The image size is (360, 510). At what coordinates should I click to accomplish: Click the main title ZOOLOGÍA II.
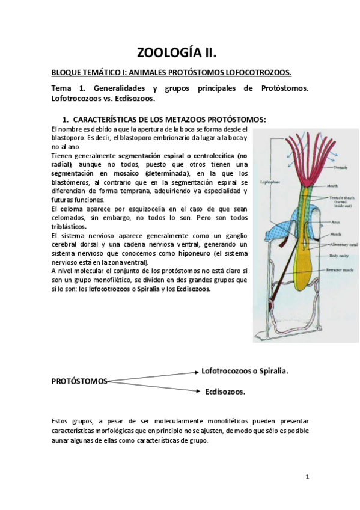click(x=180, y=52)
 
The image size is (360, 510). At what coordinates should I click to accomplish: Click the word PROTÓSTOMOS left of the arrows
click(x=79, y=381)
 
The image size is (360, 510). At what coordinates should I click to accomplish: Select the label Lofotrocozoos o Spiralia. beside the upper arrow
click(x=245, y=371)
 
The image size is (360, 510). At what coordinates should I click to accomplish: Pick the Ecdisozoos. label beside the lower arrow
click(x=225, y=392)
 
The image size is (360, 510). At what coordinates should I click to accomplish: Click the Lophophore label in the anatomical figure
click(x=269, y=180)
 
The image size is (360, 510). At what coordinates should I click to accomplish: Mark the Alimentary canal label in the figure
click(x=341, y=245)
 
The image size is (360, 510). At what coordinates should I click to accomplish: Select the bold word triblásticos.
click(x=69, y=227)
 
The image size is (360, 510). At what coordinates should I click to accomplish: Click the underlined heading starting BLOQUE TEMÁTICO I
click(x=171, y=73)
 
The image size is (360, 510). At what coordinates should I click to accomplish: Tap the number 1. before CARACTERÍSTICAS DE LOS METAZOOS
click(x=66, y=120)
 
